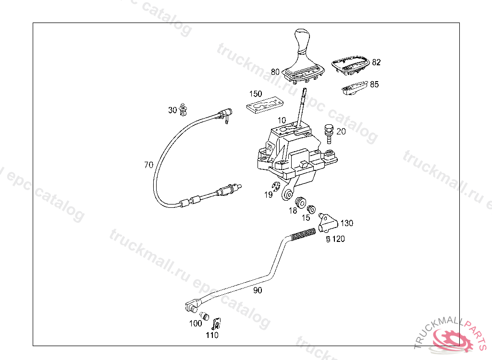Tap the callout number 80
(275, 72)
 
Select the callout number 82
(376, 62)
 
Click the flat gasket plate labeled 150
(264, 106)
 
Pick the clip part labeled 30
(184, 109)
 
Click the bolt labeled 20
(329, 133)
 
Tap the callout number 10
(282, 120)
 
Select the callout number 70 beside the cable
(148, 165)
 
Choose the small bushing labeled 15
(311, 209)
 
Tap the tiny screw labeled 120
(328, 239)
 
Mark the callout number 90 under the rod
(258, 290)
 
